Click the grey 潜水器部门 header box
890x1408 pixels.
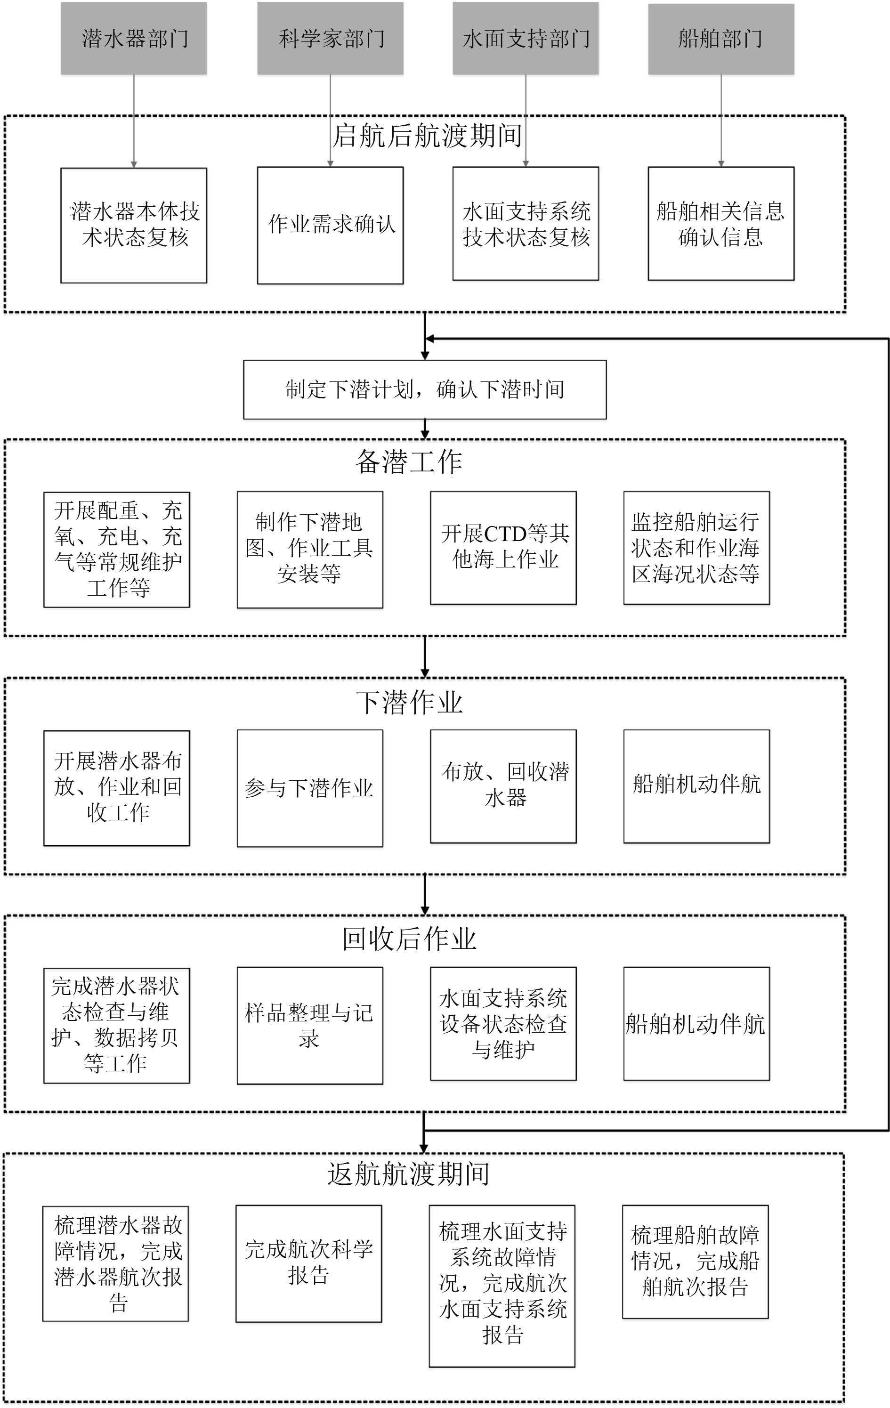pyautogui.click(x=133, y=39)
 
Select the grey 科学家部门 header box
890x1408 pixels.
pyautogui.click(x=331, y=39)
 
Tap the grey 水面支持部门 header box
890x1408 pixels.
pyautogui.click(x=526, y=39)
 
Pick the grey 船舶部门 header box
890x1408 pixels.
pyautogui.click(x=721, y=39)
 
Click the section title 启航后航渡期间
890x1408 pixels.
pyautogui.click(x=427, y=136)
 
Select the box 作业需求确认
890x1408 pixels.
pyautogui.click(x=331, y=225)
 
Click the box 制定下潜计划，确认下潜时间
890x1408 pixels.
pyautogui.click(x=425, y=389)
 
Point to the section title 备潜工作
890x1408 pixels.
pyautogui.click(x=409, y=462)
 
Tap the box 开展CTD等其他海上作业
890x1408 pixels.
pyautogui.click(x=503, y=548)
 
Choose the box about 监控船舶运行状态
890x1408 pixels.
pyautogui.click(x=696, y=548)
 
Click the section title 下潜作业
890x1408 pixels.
pyautogui.click(x=409, y=702)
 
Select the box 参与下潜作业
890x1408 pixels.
pyautogui.click(x=310, y=788)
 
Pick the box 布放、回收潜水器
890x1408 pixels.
pyautogui.click(x=503, y=786)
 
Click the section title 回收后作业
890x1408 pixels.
pyautogui.click(x=409, y=939)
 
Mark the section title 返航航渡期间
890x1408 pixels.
pyautogui.click(x=409, y=1174)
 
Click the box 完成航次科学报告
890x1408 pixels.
pyautogui.click(x=309, y=1263)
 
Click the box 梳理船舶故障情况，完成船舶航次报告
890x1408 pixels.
pyautogui.click(x=695, y=1261)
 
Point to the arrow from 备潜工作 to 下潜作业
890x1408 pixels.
pyautogui.click(x=425, y=656)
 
